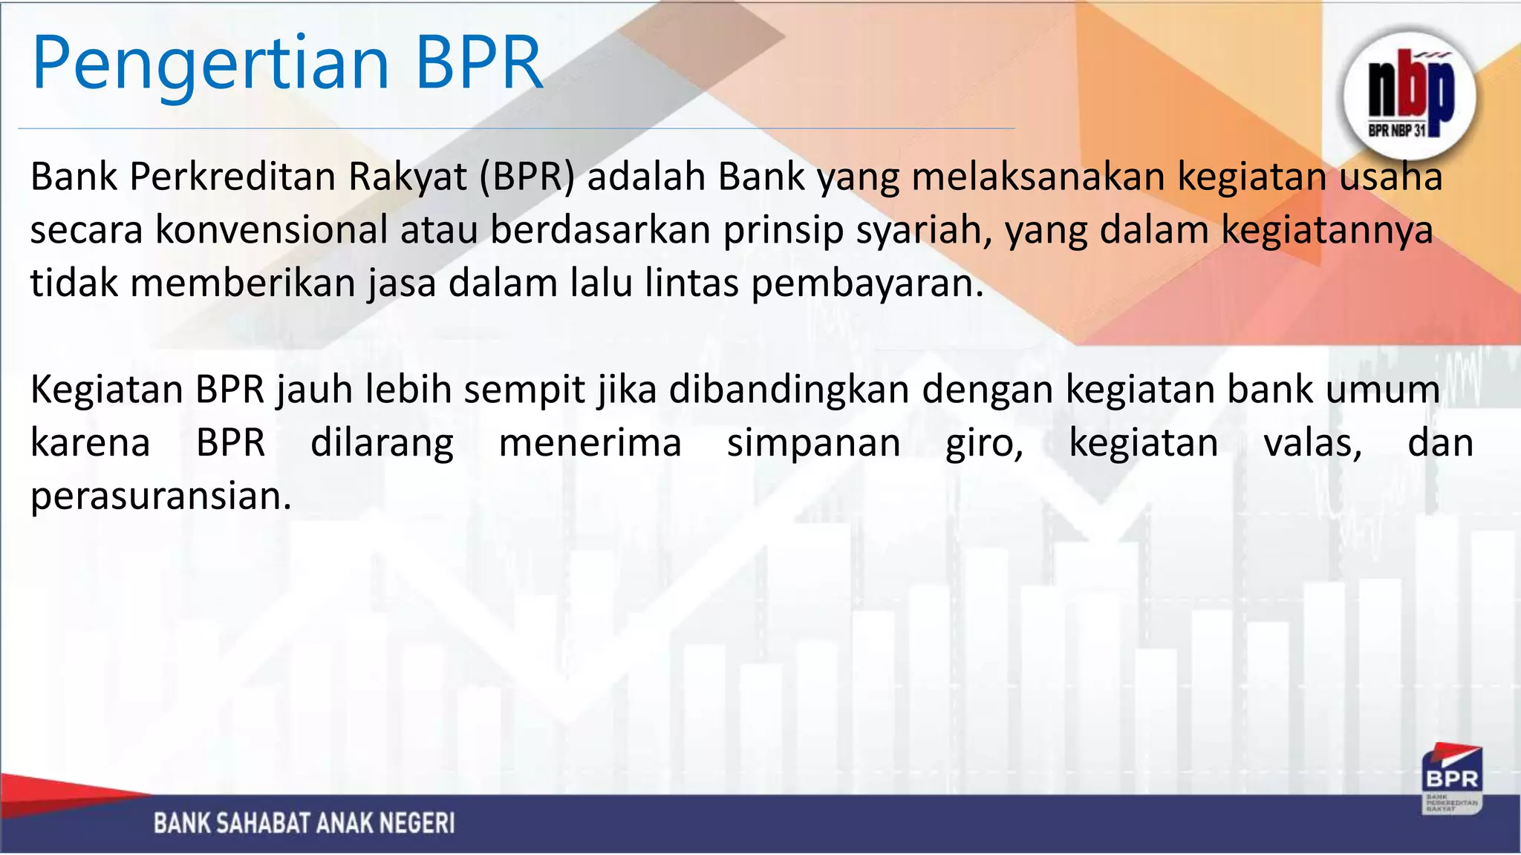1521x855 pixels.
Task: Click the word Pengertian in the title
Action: pyautogui.click(x=211, y=65)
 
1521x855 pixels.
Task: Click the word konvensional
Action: pyautogui.click(x=271, y=230)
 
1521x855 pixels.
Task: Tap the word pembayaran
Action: pyautogui.click(x=867, y=284)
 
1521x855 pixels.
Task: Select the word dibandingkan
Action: pyautogui.click(x=789, y=390)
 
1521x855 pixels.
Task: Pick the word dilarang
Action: pyautogui.click(x=382, y=443)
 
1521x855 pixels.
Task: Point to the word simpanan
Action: pyautogui.click(x=813, y=443)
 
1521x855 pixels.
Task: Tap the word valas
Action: pyautogui.click(x=1312, y=443)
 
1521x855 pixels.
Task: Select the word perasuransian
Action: pyautogui.click(x=160, y=497)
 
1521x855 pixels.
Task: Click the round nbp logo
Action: pyautogui.click(x=1410, y=95)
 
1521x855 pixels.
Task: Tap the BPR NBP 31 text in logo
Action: pyautogui.click(x=1397, y=131)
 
